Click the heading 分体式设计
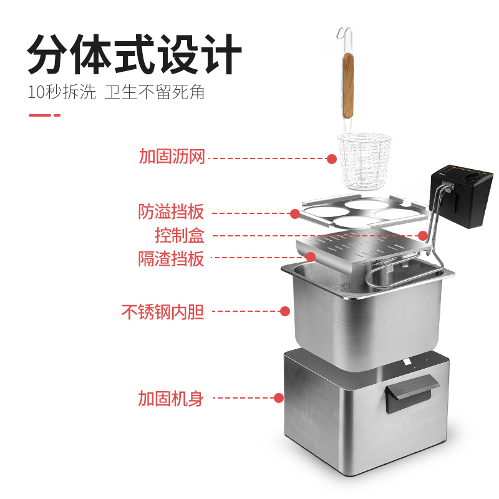(x=135, y=56)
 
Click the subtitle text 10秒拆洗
(x=62, y=92)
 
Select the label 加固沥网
(x=172, y=157)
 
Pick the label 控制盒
(x=180, y=235)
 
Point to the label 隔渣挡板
(x=171, y=258)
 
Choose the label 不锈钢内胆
(x=163, y=311)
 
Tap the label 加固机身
(x=171, y=397)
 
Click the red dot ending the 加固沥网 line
(x=332, y=158)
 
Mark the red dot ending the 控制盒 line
(x=423, y=236)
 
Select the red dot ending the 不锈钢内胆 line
(x=284, y=311)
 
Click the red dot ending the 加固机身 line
(x=279, y=397)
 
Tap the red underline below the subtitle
(x=44, y=115)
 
